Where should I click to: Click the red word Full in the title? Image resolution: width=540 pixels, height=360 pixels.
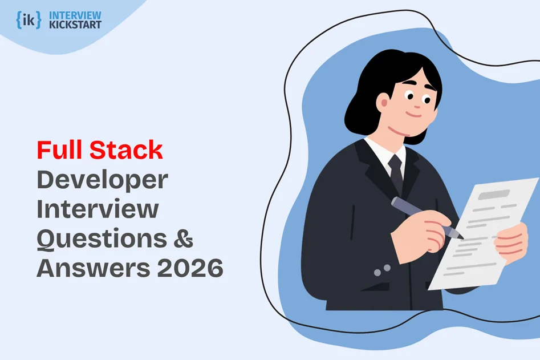[60, 150]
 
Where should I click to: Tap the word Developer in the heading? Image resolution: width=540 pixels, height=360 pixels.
[102, 181]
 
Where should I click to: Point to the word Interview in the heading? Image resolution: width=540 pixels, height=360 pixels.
[98, 209]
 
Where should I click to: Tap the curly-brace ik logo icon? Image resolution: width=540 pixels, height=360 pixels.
[29, 19]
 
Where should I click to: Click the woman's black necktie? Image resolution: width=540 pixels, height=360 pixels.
[396, 171]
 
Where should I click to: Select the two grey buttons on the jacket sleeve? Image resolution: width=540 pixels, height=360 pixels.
[381, 270]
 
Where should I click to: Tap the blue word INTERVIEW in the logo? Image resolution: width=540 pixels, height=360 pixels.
[76, 15]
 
